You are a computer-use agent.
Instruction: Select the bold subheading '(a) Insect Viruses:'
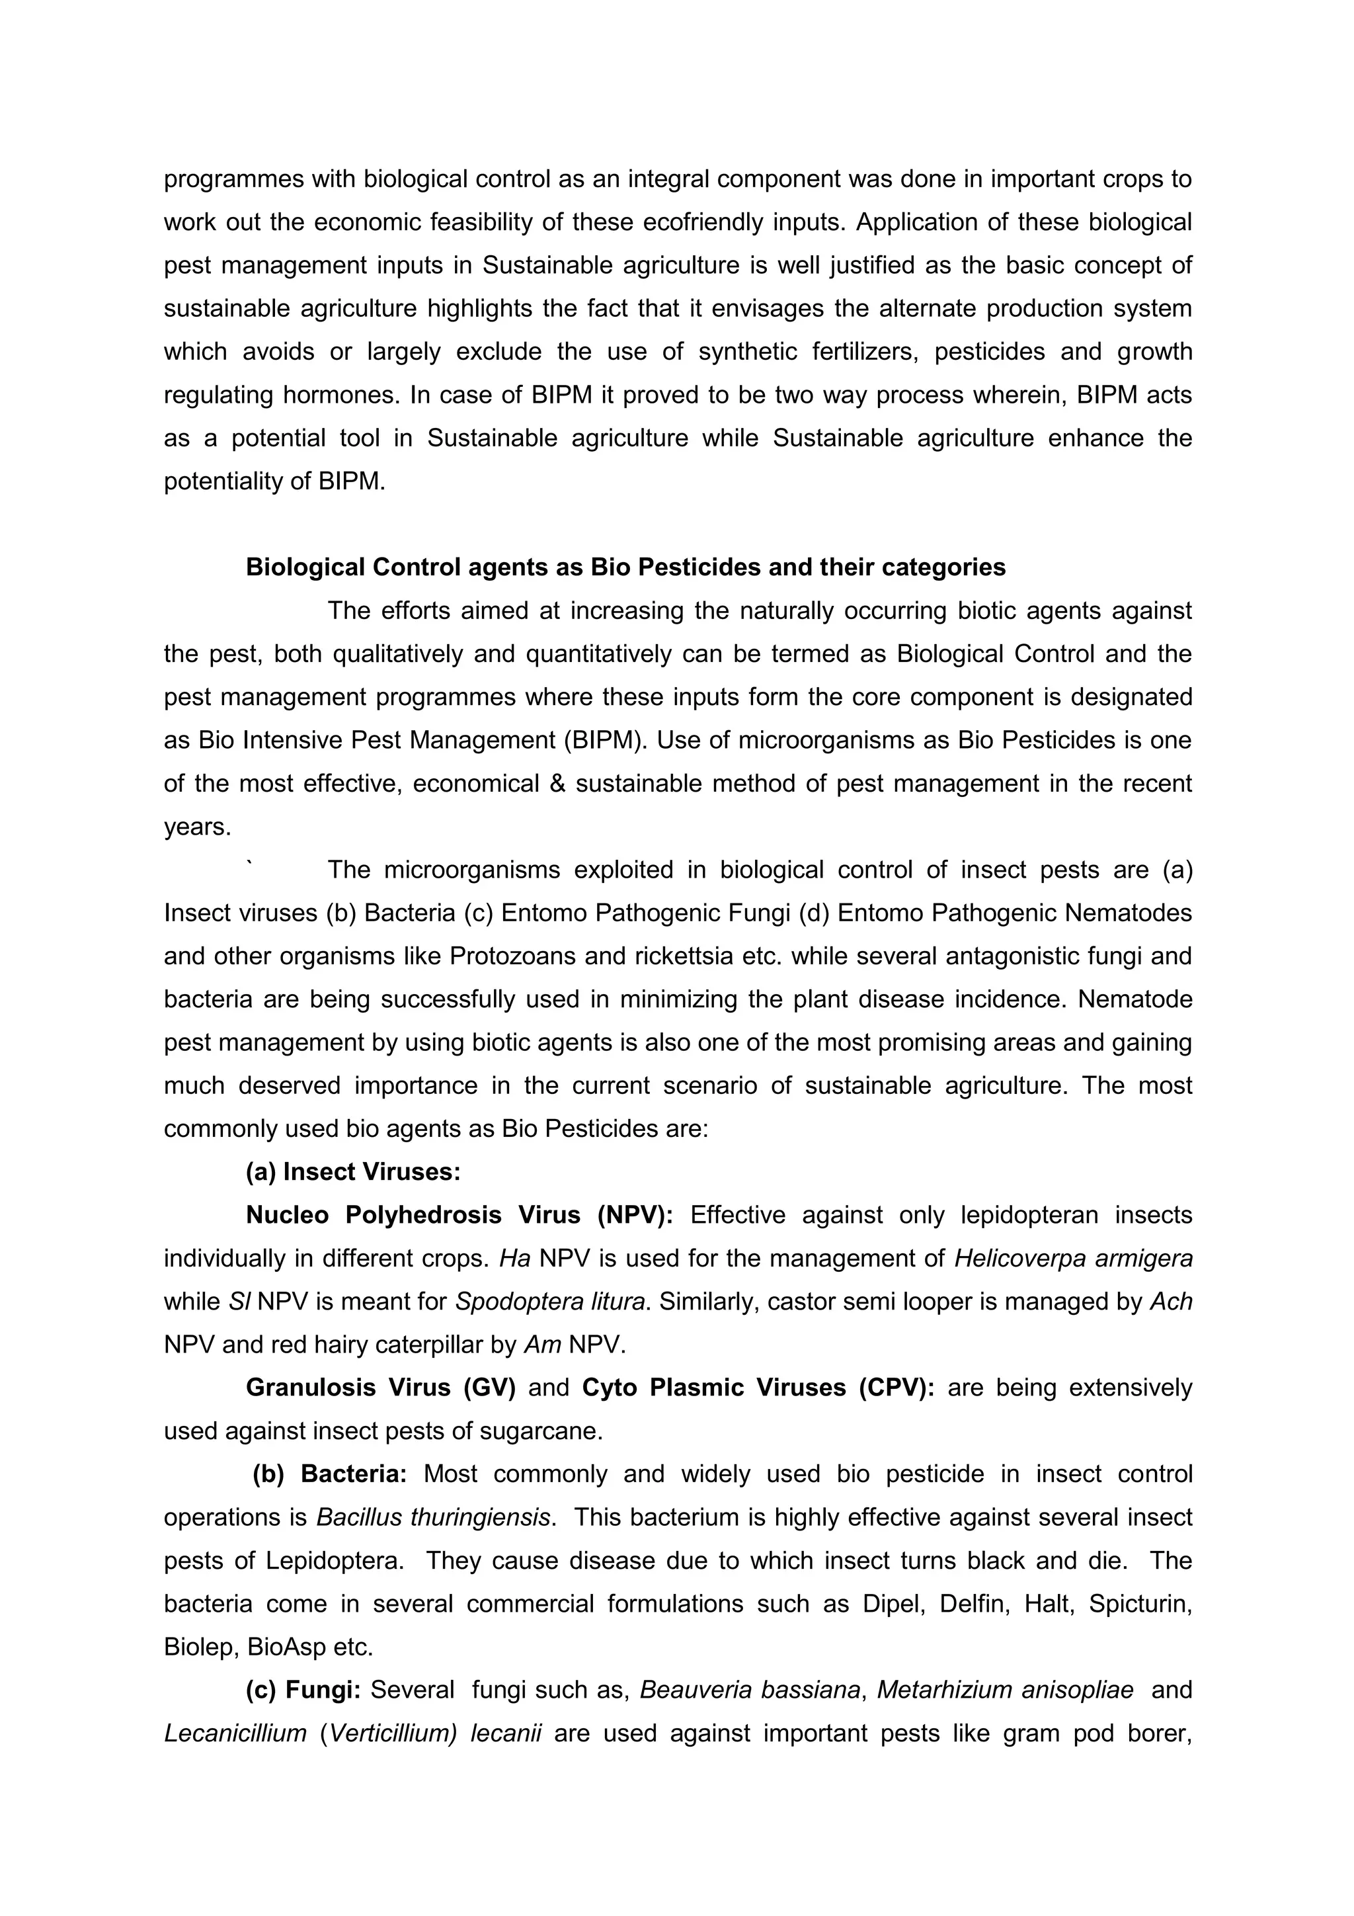pyautogui.click(x=353, y=1172)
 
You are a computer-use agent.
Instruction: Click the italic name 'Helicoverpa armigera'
pyautogui.click(x=1073, y=1259)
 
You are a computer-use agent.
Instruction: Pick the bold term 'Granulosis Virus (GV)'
pyautogui.click(x=380, y=1388)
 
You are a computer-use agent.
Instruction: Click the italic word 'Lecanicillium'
pyautogui.click(x=235, y=1733)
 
